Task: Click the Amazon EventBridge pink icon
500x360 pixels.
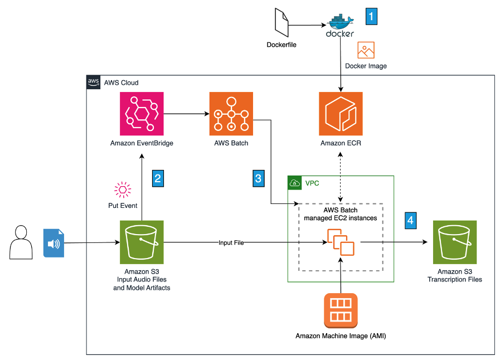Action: [x=142, y=114]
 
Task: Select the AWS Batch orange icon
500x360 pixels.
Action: [x=230, y=114]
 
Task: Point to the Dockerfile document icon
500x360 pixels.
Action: [x=280, y=23]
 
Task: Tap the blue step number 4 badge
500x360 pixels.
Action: [x=410, y=220]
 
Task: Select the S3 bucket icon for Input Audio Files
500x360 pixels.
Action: [x=142, y=242]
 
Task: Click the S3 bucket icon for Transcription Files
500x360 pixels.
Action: [x=454, y=242]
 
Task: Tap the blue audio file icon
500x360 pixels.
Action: [x=54, y=243]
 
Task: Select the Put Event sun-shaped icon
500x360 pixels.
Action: [x=123, y=189]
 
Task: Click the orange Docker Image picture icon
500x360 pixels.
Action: [x=366, y=50]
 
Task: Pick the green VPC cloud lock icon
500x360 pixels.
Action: [x=294, y=182]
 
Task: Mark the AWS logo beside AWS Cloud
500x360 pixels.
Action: [x=93, y=82]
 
